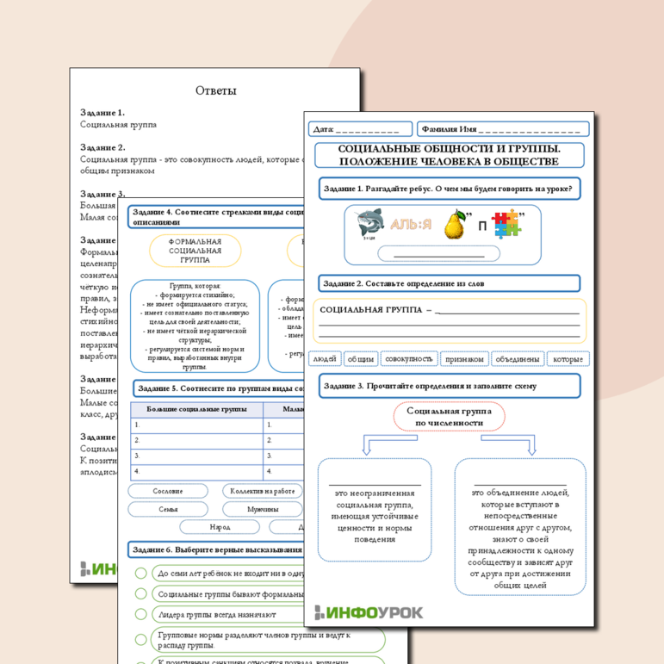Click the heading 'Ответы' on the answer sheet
pyautogui.click(x=215, y=90)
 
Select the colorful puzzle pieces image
pyautogui.click(x=506, y=226)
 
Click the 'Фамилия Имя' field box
pyautogui.click(x=504, y=129)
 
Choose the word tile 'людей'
pyautogui.click(x=325, y=359)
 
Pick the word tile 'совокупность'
pyautogui.click(x=409, y=359)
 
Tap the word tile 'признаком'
pyautogui.click(x=465, y=359)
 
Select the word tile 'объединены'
pyautogui.click(x=518, y=359)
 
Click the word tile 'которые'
pyautogui.click(x=568, y=359)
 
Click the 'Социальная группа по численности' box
pyautogui.click(x=448, y=418)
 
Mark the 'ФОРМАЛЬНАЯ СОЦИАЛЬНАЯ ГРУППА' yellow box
pyautogui.click(x=195, y=250)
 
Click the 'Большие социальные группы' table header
pyautogui.click(x=196, y=409)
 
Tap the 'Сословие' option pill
pyautogui.click(x=168, y=491)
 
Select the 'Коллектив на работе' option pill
pyautogui.click(x=262, y=491)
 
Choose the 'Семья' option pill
pyautogui.click(x=168, y=509)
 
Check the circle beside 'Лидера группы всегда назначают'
pyautogui.click(x=140, y=615)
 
